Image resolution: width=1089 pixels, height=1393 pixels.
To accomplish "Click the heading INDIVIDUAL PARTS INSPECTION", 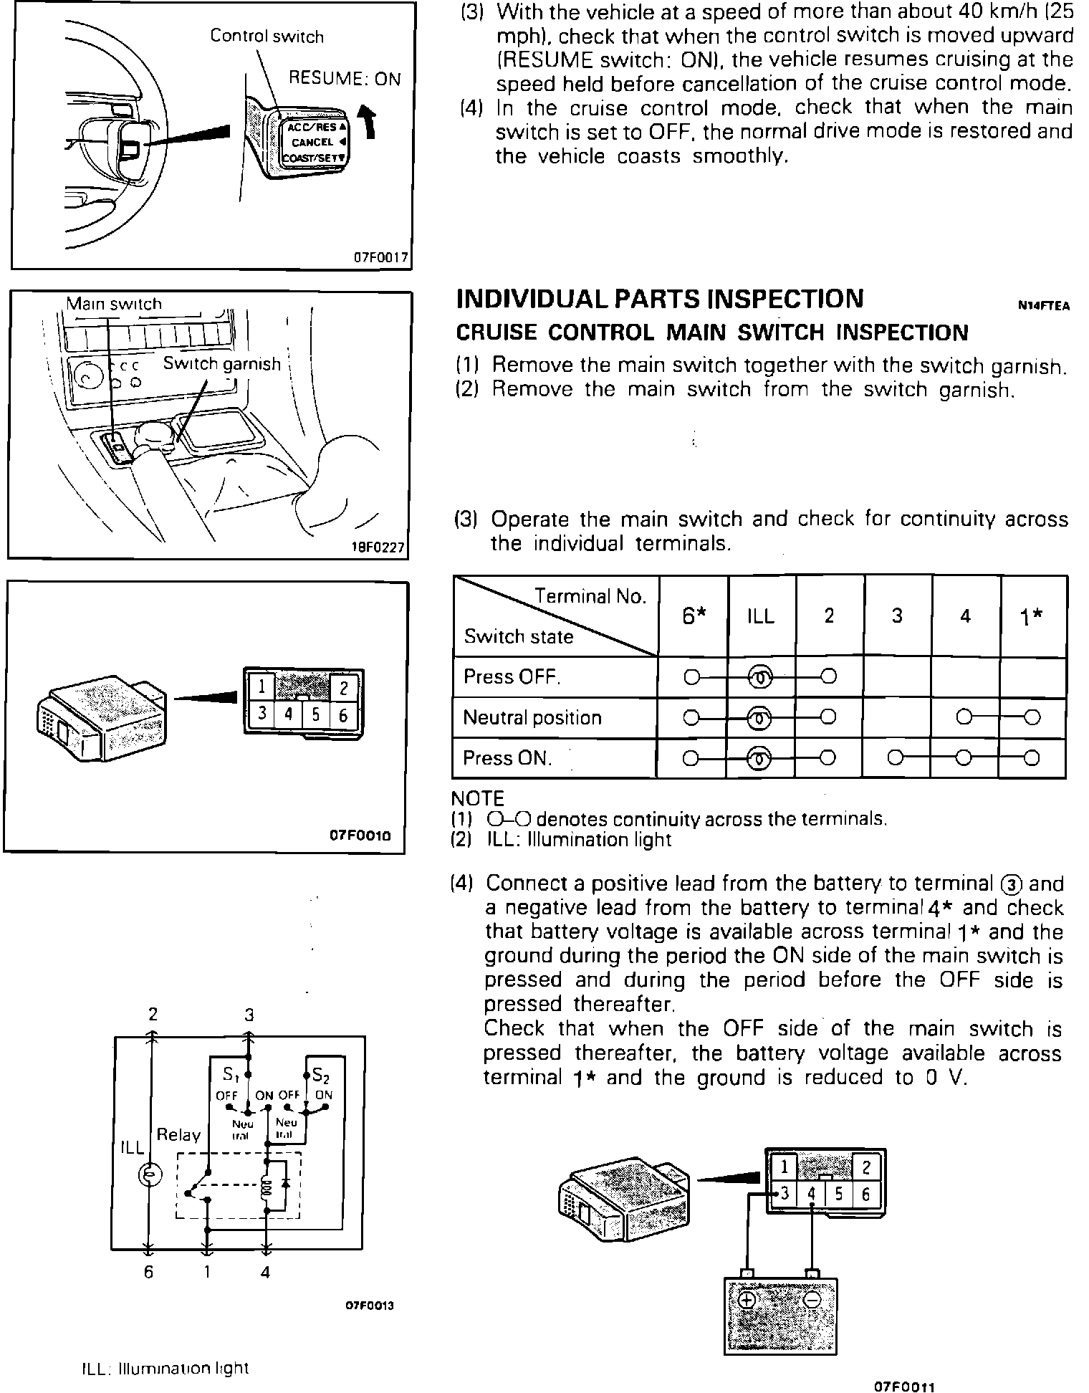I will pyautogui.click(x=659, y=299).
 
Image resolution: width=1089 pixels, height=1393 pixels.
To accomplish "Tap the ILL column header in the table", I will pyautogui.click(x=760, y=616).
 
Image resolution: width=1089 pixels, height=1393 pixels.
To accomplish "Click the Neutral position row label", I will pyautogui.click(x=532, y=718).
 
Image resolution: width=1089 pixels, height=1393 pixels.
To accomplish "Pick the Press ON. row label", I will pyautogui.click(x=507, y=758).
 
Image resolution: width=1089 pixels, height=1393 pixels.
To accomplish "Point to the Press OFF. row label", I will pyautogui.click(x=512, y=677).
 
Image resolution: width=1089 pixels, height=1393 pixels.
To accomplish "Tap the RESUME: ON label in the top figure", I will pyautogui.click(x=344, y=79).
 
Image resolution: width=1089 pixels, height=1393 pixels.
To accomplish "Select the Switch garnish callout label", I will pyautogui.click(x=221, y=364).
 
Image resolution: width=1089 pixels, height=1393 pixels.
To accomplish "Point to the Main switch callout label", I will pyautogui.click(x=114, y=304).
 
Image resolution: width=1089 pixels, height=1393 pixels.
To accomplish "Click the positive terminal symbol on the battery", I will pyautogui.click(x=747, y=1299).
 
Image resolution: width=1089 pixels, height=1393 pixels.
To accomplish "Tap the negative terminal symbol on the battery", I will pyautogui.click(x=812, y=1299).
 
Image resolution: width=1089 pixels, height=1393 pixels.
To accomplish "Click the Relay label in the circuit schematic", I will pyautogui.click(x=178, y=1134).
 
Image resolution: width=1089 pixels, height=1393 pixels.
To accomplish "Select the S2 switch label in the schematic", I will pyautogui.click(x=320, y=1076).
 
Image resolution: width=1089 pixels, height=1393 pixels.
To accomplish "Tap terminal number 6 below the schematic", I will pyautogui.click(x=148, y=1273).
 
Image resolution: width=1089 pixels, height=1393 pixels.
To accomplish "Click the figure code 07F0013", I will pyautogui.click(x=370, y=1306).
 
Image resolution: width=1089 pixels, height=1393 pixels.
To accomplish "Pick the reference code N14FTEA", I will pyautogui.click(x=1043, y=306).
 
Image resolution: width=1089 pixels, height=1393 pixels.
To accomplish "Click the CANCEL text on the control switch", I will pyautogui.click(x=312, y=142).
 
